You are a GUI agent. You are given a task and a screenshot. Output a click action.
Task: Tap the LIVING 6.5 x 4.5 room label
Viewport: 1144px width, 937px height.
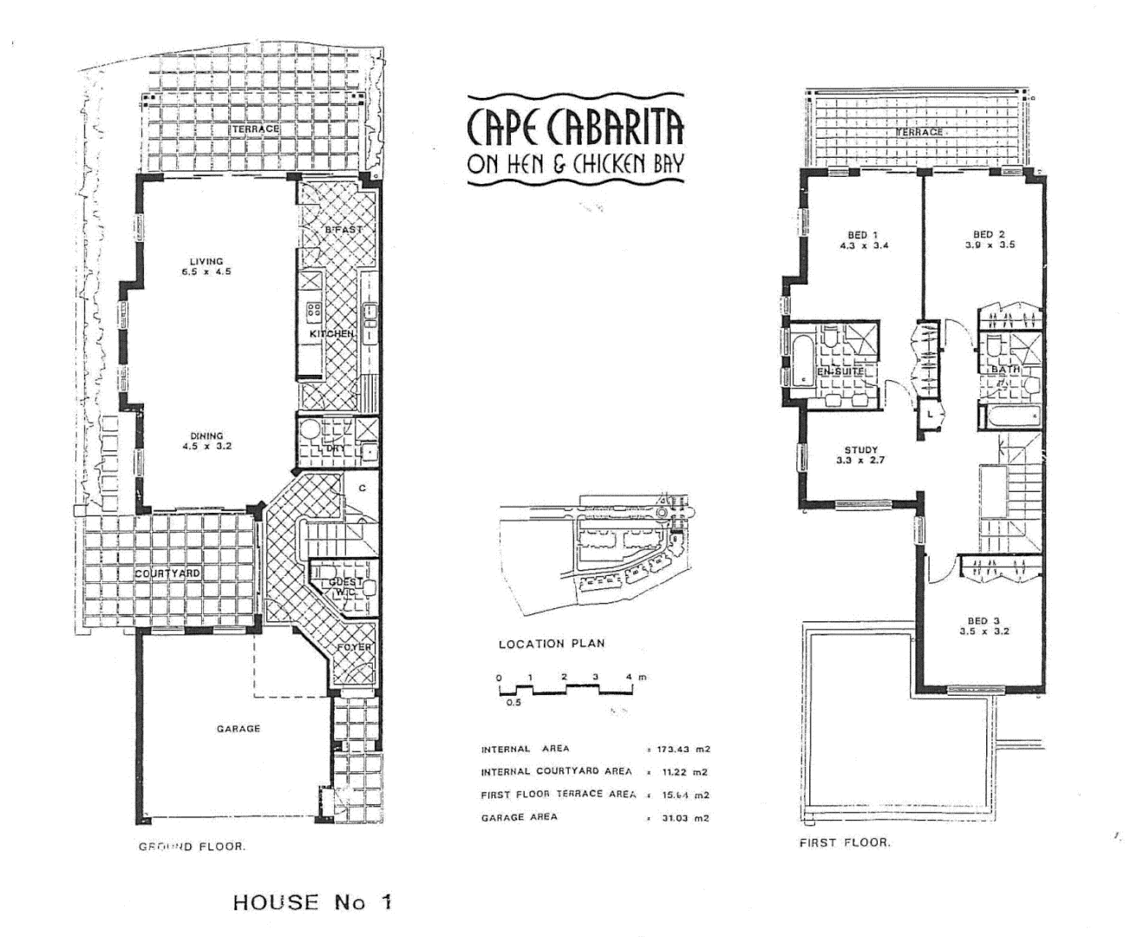click(206, 266)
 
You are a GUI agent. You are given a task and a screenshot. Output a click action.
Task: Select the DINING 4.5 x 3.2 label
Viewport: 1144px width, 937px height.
click(206, 441)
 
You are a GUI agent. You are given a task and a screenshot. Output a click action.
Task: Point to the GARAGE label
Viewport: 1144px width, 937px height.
click(239, 729)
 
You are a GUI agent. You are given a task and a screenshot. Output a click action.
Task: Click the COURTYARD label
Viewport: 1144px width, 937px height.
click(167, 574)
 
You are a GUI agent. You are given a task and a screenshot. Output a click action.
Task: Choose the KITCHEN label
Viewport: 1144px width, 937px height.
click(332, 334)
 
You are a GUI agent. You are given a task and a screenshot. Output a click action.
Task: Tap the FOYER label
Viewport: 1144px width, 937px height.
click(355, 647)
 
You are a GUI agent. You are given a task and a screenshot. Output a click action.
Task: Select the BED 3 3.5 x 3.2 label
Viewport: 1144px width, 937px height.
click(984, 626)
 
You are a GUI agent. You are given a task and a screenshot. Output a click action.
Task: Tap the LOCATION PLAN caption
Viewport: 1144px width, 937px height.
click(552, 644)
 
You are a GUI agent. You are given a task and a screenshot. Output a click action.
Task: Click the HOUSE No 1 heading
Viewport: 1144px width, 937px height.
click(312, 901)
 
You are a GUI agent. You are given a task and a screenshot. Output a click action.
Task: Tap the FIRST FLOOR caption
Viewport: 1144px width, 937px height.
click(844, 842)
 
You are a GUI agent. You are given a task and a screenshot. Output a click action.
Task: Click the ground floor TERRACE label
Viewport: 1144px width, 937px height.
click(255, 128)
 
